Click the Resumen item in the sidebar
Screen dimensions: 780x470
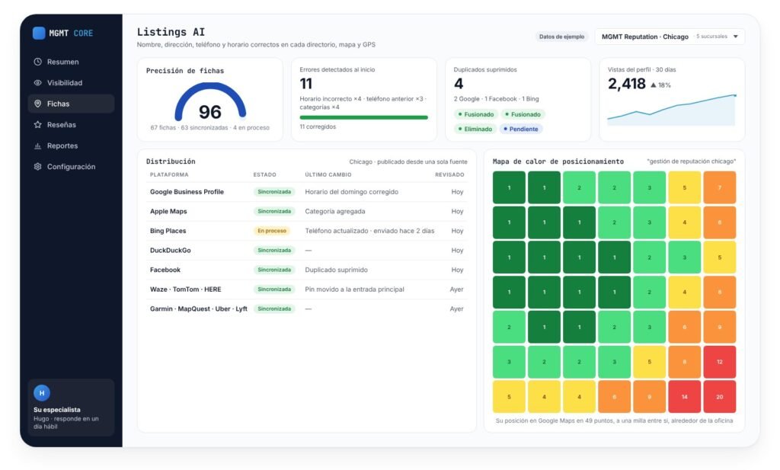[62, 62]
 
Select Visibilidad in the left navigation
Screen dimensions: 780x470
[65, 82]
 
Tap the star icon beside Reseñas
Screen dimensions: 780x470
[37, 124]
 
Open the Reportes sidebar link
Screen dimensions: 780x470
[62, 145]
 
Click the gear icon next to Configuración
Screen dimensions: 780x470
[37, 167]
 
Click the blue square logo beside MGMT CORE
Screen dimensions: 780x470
[39, 33]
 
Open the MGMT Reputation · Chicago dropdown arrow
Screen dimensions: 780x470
[736, 37]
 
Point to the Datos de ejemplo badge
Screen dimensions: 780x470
[561, 37]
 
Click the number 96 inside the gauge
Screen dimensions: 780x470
[210, 112]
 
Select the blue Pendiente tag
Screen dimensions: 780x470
[521, 129]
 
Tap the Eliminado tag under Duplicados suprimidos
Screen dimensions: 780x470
[475, 129]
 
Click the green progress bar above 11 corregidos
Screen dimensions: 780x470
[363, 117]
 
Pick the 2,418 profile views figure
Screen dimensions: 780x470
[627, 84]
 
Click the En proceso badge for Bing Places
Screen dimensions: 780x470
[272, 231]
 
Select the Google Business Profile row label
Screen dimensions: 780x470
[187, 191]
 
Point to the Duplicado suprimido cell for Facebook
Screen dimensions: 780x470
[336, 270]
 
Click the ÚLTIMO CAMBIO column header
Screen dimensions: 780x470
[328, 174]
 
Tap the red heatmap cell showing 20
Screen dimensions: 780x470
[719, 397]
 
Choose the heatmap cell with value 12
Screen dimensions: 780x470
[719, 362]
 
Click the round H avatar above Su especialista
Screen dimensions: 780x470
[42, 393]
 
